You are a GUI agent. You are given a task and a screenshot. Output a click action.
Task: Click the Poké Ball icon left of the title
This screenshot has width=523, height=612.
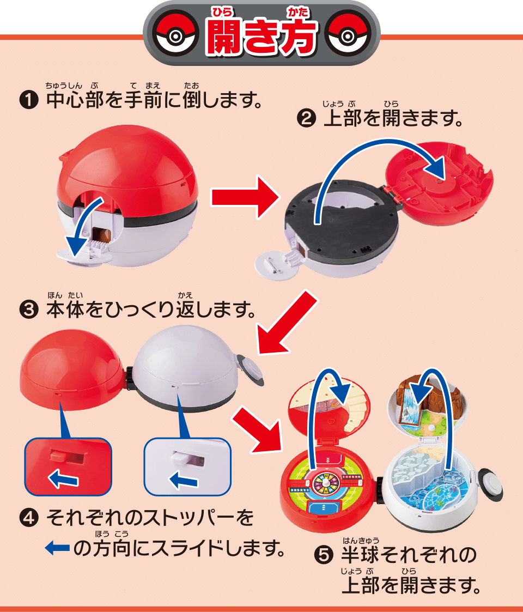point(174,37)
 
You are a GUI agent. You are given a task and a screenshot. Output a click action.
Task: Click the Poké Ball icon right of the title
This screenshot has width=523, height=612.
point(349,37)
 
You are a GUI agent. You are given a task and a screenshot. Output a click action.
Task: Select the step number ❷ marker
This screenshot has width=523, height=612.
point(306,119)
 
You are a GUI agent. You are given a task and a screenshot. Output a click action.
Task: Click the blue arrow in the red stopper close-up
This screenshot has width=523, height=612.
point(63,480)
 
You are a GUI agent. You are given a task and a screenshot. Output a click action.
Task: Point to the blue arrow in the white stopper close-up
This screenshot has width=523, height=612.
point(183,480)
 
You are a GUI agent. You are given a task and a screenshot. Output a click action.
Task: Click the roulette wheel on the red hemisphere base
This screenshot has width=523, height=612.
point(326,483)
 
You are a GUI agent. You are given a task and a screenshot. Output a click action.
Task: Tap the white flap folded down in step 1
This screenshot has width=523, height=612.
point(85,253)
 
